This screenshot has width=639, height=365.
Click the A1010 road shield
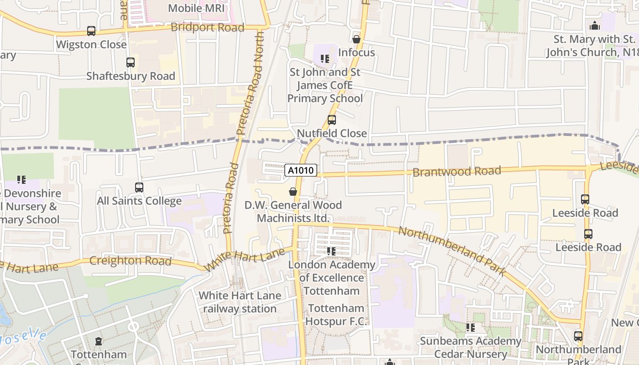301,171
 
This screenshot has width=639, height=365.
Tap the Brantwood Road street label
456,172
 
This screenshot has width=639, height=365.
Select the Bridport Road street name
207,27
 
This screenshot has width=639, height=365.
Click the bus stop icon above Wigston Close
91,31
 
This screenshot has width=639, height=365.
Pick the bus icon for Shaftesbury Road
131,63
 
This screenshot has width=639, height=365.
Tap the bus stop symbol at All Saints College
139,188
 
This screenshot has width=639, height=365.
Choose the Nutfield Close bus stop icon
332,120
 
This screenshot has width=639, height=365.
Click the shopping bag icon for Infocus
356,39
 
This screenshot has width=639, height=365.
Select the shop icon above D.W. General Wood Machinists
293,192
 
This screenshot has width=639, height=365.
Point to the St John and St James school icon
325,59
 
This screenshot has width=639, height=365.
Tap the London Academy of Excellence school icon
331,251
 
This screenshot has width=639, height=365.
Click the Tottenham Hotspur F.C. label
336,315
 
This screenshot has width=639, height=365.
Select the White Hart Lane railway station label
240,302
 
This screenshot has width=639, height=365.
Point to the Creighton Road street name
131,261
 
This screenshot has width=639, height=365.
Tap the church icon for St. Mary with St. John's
595,26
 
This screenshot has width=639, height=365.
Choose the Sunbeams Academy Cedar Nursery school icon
471,328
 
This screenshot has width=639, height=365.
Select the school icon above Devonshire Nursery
21,180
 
